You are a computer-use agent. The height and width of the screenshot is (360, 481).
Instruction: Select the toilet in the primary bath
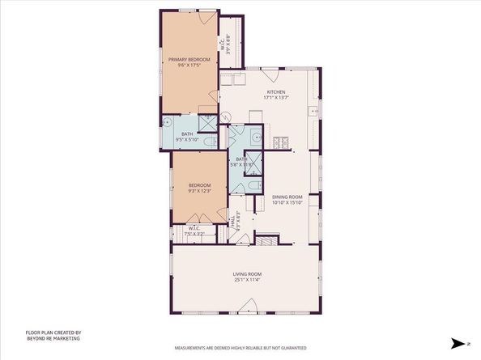point(209,142)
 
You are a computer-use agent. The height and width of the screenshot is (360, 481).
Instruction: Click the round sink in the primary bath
point(168,124)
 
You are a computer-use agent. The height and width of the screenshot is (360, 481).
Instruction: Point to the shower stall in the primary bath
point(208,122)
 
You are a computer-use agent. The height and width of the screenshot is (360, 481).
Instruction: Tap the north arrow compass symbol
point(459,343)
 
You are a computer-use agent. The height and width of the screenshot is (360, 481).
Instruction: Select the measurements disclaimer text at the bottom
point(240,348)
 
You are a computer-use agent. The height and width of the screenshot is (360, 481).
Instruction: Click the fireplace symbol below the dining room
point(268,239)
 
